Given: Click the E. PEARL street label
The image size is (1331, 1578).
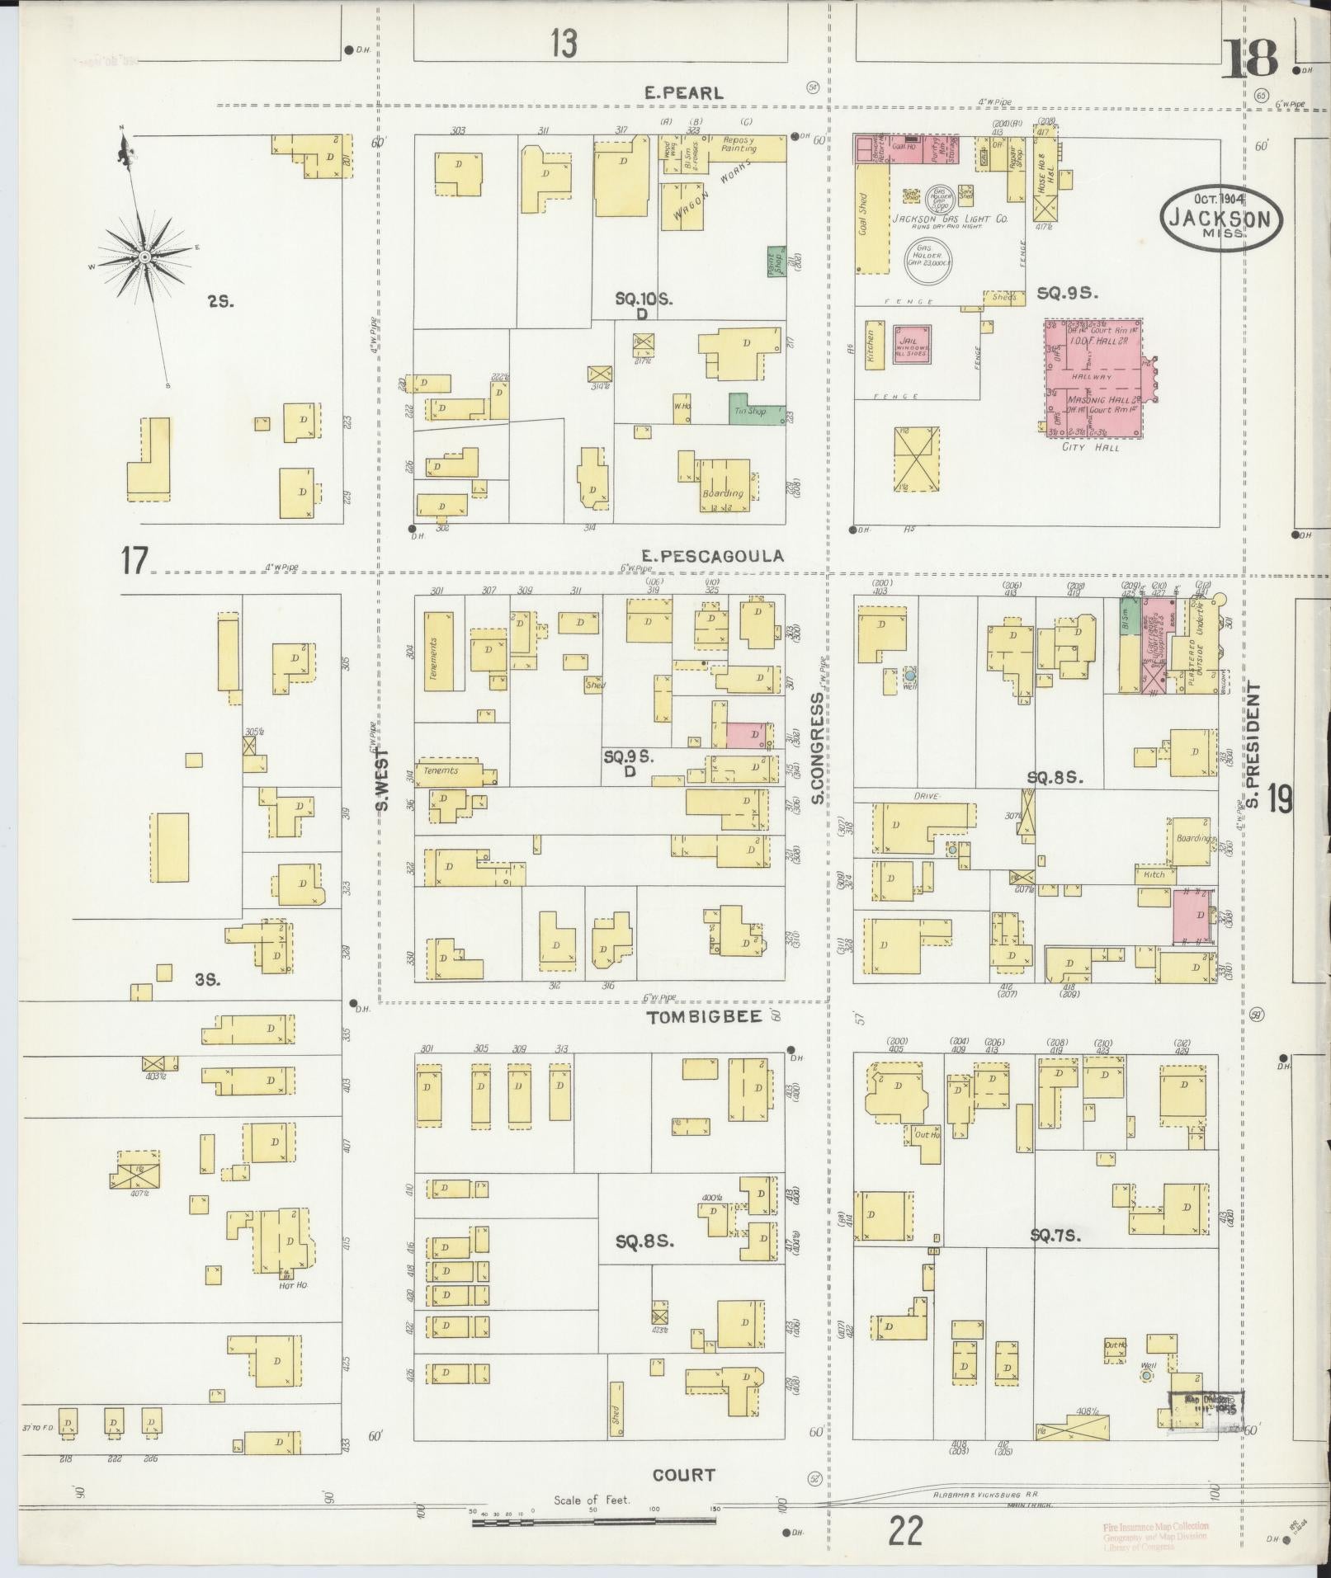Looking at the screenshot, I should (684, 93).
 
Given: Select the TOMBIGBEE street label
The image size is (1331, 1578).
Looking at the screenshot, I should (704, 1017).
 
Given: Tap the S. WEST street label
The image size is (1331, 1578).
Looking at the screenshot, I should (384, 779).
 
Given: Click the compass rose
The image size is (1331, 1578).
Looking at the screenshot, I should (144, 257).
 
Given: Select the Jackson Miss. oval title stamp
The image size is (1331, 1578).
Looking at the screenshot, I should (1222, 216).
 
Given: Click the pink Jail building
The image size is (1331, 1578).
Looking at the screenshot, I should (913, 345).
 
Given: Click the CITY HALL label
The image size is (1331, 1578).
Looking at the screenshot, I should (1091, 447).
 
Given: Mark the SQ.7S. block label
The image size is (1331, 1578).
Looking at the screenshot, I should (1055, 1235).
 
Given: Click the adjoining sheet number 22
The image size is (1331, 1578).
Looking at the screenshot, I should (905, 1533).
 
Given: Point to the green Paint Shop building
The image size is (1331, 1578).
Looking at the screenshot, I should (775, 261).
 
